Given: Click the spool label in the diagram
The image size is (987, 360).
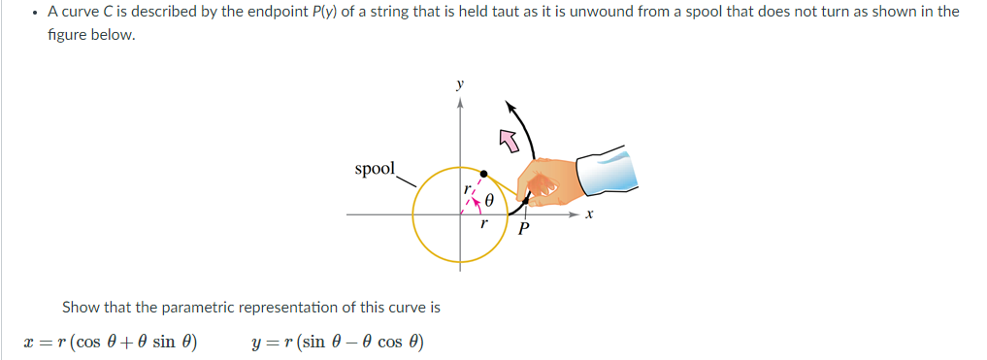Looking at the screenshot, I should point(375,169).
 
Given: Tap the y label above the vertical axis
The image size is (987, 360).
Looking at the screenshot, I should point(459,84).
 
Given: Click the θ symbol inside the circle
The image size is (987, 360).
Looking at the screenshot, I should point(490,202).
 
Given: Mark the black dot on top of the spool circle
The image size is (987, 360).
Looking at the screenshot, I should point(483,173).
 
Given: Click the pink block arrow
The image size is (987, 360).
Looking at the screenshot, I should point(509,142).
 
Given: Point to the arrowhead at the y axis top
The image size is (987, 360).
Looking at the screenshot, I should point(459,101).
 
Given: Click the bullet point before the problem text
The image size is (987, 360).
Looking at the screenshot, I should point(34,13).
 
